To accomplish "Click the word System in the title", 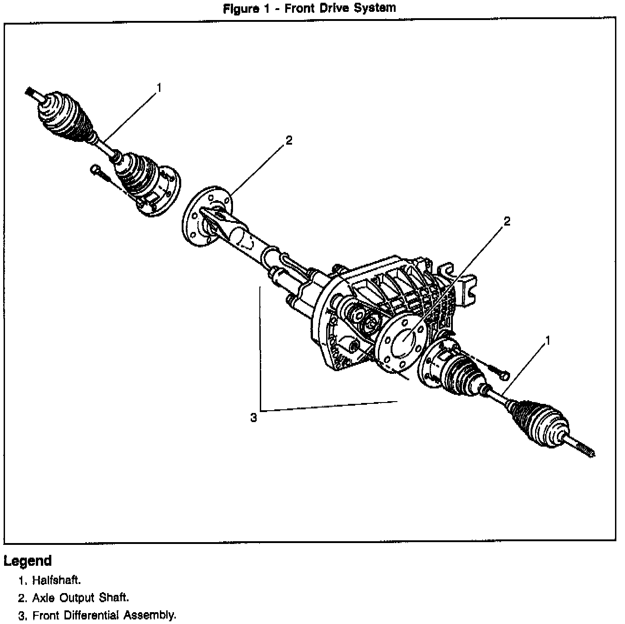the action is (373, 8).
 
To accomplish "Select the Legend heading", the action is (28, 561).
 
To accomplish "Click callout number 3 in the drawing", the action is (253, 418).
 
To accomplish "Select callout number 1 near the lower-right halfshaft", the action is (548, 340).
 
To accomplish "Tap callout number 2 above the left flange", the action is (289, 140).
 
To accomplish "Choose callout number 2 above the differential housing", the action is (507, 221).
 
